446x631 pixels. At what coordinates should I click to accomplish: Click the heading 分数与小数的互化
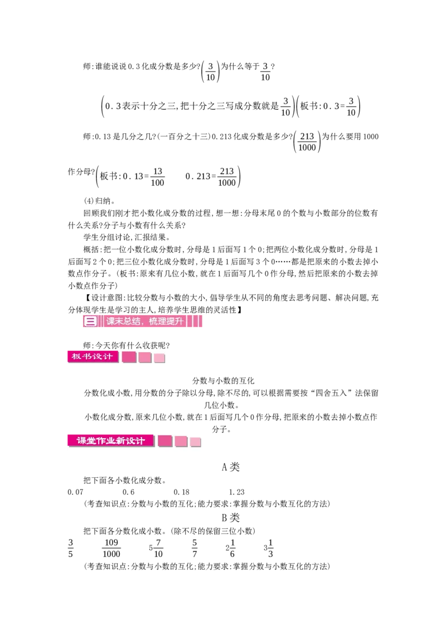[x=224, y=381]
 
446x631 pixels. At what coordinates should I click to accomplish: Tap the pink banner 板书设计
[x=93, y=357]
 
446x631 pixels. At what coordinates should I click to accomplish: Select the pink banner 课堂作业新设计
[x=111, y=441]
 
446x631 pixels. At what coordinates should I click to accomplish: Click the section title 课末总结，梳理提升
[x=145, y=321]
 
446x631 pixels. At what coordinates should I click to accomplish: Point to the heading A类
[x=231, y=467]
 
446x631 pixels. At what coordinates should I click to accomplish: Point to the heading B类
[x=231, y=517]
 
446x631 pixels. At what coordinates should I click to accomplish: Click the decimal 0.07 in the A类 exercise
[x=76, y=492]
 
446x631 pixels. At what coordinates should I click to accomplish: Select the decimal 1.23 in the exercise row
[x=237, y=492]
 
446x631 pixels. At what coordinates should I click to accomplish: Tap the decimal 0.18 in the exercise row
[x=182, y=492]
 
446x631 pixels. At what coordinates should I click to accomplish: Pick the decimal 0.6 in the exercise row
[x=128, y=492]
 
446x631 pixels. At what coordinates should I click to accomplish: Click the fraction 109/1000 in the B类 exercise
[x=111, y=548]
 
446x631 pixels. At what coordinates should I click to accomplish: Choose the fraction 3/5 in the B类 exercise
[x=70, y=548]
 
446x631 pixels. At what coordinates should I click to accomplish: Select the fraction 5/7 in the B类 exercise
[x=195, y=548]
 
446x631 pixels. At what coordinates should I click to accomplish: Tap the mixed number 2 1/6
[x=230, y=548]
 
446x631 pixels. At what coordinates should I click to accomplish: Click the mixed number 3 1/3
[x=269, y=548]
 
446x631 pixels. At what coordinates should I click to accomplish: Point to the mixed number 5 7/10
[x=156, y=548]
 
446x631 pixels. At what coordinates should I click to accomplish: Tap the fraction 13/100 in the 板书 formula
[x=157, y=177]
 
